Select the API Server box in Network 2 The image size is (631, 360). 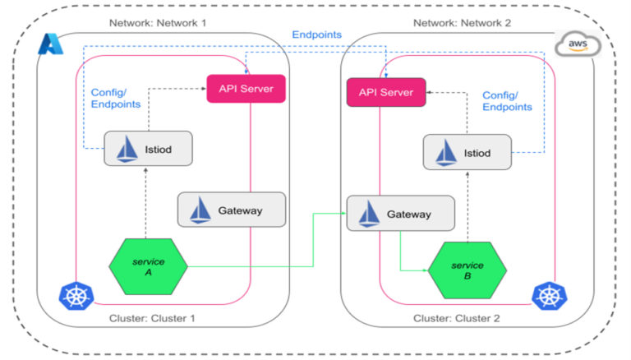point(385,92)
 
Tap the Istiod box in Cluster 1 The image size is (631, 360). point(148,149)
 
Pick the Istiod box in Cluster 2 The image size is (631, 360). point(467,153)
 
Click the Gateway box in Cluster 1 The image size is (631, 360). point(232,210)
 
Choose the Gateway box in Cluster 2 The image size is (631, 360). point(400,213)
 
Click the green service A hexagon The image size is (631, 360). point(149,265)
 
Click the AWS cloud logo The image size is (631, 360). point(578,46)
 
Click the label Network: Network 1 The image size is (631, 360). point(158,22)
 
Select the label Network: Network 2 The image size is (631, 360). point(462,22)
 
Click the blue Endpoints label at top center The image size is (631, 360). point(316,35)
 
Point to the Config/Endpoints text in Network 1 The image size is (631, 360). point(115,98)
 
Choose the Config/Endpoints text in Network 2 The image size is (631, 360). point(507,101)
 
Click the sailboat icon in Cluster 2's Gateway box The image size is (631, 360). point(368,213)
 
